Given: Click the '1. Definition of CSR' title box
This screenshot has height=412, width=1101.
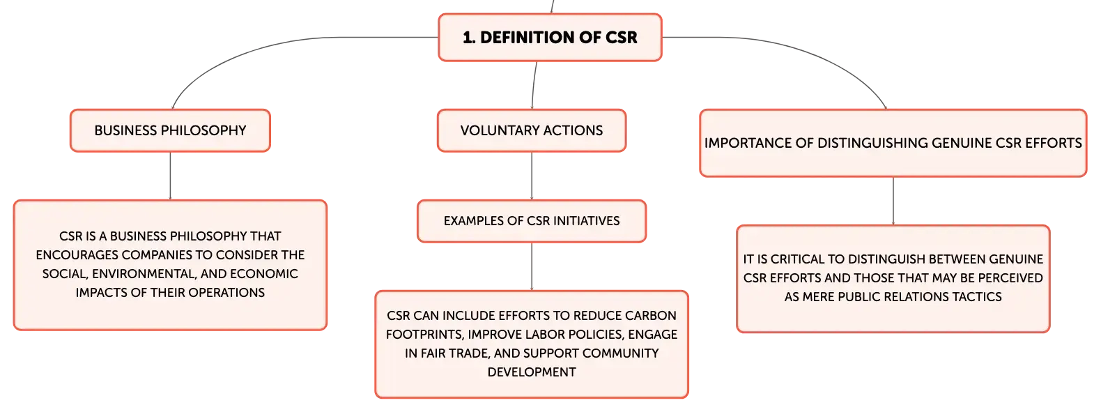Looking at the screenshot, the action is click(x=550, y=38).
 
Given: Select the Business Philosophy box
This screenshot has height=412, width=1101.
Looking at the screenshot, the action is click(x=170, y=130).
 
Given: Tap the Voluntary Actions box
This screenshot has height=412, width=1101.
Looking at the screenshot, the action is click(x=531, y=130).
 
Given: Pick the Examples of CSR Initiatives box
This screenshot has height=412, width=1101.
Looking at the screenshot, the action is click(x=531, y=221).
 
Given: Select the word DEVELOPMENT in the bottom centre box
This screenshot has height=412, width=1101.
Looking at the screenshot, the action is click(x=531, y=372).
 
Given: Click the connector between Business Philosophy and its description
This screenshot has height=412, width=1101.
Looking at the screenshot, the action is click(x=170, y=176).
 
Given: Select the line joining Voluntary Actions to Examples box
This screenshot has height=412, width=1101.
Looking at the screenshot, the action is click(x=531, y=176).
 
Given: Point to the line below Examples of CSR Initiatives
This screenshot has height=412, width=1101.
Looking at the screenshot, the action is click(x=531, y=266).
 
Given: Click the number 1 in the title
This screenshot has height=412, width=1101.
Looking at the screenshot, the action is click(x=468, y=38).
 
